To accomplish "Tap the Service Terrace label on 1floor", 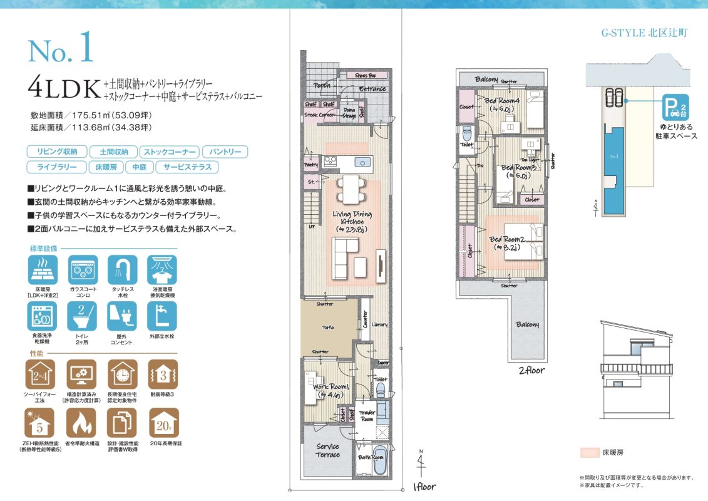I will click(327, 451).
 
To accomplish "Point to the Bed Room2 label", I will click(508, 242).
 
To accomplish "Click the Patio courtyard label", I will click(328, 328).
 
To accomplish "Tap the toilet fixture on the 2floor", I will click(466, 135).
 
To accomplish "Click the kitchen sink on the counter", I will click(362, 162).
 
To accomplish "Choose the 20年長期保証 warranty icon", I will click(163, 424).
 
